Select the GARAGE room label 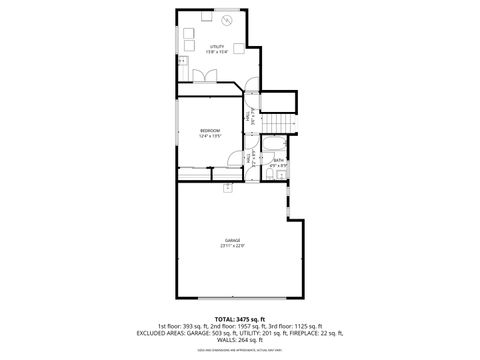(x=232, y=240)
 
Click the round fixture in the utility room (x=227, y=20)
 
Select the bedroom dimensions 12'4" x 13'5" (x=209, y=137)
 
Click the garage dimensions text (x=232, y=246)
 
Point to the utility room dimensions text (x=216, y=51)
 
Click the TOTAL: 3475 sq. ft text (x=239, y=317)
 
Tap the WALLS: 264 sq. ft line (x=239, y=340)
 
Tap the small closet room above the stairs (x=280, y=101)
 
